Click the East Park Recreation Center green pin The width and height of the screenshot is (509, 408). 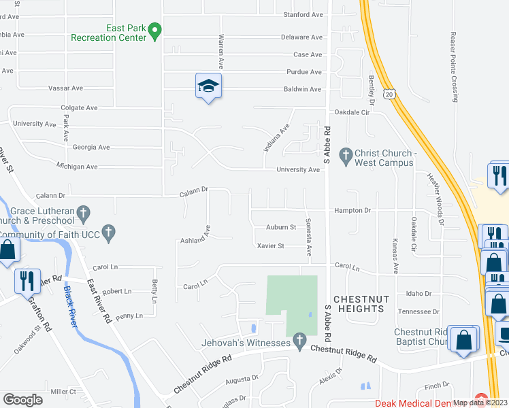pyautogui.click(x=155, y=31)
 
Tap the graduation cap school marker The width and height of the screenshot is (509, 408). pyautogui.click(x=209, y=86)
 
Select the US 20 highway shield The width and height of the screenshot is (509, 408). pyautogui.click(x=389, y=92)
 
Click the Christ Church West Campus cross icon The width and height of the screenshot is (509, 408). pyautogui.click(x=346, y=154)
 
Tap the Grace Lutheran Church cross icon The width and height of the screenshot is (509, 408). pyautogui.click(x=83, y=212)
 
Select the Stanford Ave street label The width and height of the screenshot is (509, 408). pyautogui.click(x=302, y=14)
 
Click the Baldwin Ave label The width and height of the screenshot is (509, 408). pyautogui.click(x=302, y=89)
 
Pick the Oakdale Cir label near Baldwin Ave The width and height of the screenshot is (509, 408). pyautogui.click(x=350, y=112)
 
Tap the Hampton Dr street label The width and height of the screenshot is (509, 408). pyautogui.click(x=352, y=211)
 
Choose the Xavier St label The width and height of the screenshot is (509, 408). pyautogui.click(x=270, y=245)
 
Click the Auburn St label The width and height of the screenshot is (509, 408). pyautogui.click(x=281, y=227)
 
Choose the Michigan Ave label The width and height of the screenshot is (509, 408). pyautogui.click(x=77, y=167)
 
